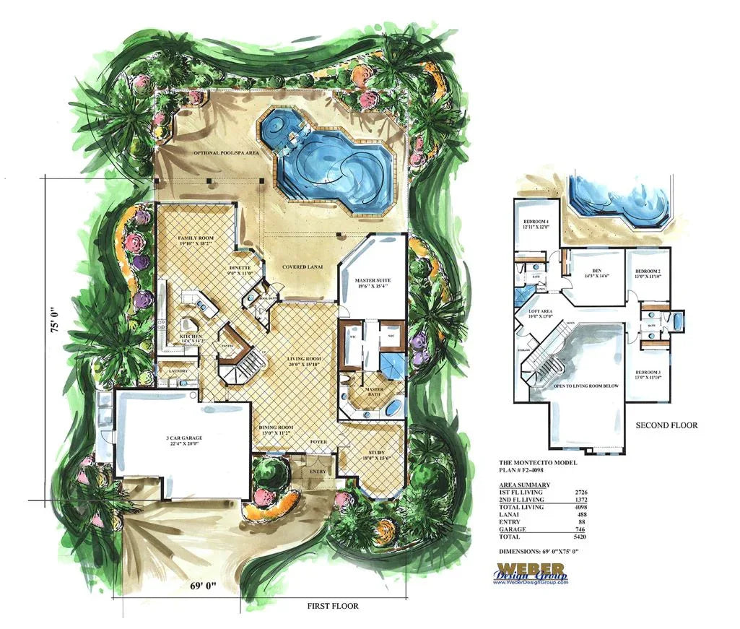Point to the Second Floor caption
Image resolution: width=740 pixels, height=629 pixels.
[666, 425]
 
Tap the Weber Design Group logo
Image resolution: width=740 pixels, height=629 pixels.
[531, 573]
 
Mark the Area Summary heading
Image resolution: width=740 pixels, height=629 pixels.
[525, 485]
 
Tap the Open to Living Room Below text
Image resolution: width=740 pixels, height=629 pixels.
[586, 386]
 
